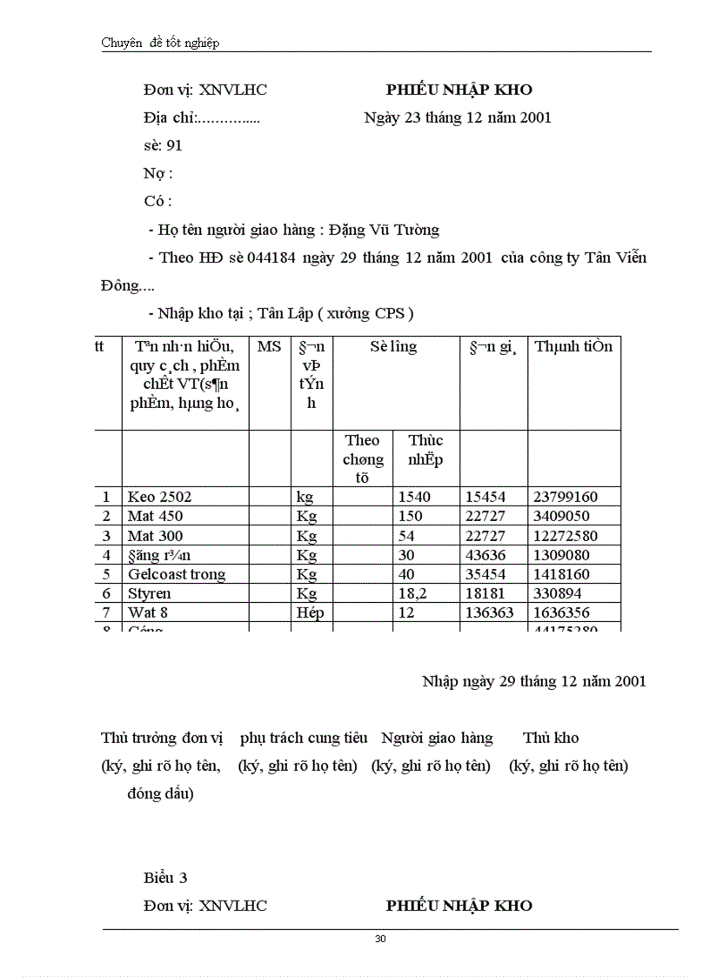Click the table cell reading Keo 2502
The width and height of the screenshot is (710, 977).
click(x=159, y=497)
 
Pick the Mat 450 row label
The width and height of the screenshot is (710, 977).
click(x=155, y=516)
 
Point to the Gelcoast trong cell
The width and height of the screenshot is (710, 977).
click(x=177, y=574)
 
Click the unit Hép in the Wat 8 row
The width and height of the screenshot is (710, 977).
click(x=310, y=612)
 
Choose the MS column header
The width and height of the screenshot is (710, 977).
click(x=270, y=346)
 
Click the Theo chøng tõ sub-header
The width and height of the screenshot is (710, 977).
click(x=362, y=458)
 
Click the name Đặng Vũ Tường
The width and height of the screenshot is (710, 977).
click(x=384, y=230)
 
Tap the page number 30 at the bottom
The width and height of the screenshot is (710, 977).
click(x=380, y=939)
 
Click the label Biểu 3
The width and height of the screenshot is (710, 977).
click(x=165, y=877)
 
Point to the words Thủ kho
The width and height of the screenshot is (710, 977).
click(x=551, y=738)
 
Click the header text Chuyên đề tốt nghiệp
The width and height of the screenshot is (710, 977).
click(x=160, y=43)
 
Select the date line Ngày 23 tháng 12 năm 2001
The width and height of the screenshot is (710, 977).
click(x=458, y=117)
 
